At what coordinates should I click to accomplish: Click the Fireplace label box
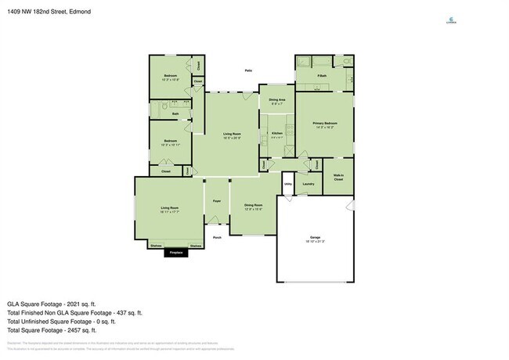coord(176,253)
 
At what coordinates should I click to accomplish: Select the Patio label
coord(247,71)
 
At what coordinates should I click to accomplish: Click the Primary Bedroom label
coord(325,124)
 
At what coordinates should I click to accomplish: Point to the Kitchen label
coord(276,134)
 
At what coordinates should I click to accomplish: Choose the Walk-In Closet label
coord(338,178)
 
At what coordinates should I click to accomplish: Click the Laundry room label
coord(308,184)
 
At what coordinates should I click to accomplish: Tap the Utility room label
coord(287,185)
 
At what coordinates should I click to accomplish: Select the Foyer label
coord(217,201)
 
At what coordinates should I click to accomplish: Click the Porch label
coord(217,236)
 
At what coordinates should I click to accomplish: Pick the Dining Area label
coord(276,100)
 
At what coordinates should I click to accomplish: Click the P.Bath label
coord(322,75)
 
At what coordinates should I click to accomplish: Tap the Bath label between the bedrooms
coord(175,113)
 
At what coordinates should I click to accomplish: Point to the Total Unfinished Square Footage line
coord(61,321)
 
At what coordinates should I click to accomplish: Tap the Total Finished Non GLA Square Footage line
coord(74,312)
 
